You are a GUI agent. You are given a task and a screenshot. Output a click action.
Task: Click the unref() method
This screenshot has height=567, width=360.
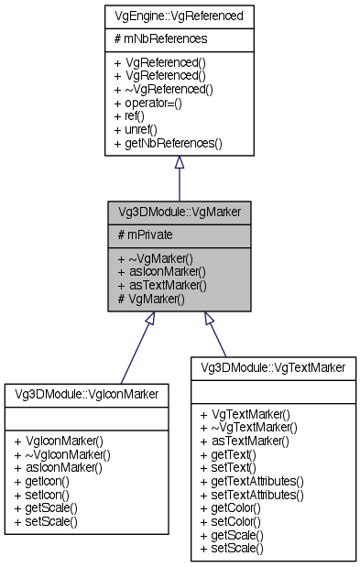(x=139, y=130)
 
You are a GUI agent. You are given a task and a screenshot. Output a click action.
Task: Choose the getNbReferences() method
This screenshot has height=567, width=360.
(x=169, y=144)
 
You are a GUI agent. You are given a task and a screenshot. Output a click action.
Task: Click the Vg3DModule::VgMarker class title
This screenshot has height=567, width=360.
(x=179, y=211)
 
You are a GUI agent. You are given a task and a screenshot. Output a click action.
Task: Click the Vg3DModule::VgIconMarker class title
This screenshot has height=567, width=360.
(x=86, y=393)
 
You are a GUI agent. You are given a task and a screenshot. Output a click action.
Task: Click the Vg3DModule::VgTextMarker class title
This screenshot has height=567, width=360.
(x=273, y=367)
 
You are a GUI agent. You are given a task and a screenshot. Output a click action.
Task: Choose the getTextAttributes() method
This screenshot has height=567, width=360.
(x=257, y=480)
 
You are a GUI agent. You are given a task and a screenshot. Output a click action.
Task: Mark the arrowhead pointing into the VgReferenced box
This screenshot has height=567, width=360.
(x=179, y=162)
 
